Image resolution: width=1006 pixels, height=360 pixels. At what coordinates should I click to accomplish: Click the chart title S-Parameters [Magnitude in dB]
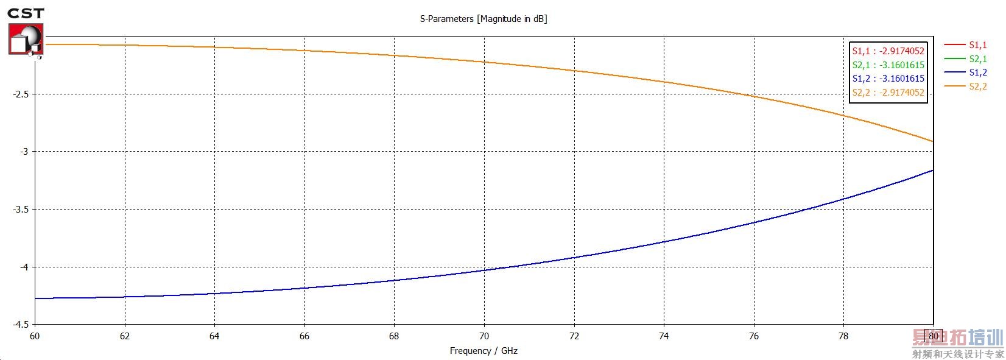483,19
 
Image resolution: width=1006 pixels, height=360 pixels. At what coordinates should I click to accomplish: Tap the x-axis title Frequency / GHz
483,351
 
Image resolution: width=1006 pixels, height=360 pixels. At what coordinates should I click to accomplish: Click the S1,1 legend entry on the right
977,45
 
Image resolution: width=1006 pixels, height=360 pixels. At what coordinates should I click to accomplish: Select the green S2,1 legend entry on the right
977,59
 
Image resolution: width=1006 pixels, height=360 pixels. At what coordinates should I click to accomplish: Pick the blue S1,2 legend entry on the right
977,72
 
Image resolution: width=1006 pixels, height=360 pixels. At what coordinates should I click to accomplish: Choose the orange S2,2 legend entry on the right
977,86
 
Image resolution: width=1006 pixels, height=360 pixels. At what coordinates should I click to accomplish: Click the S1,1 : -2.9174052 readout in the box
888,51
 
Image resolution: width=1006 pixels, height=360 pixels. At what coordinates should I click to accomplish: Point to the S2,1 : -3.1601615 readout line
888,65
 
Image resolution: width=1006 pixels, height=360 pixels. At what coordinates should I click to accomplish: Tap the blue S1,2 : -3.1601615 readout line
888,79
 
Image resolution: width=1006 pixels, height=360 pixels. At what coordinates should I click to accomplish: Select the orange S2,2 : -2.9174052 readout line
888,93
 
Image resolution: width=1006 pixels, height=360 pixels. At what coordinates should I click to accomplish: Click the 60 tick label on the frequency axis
35,336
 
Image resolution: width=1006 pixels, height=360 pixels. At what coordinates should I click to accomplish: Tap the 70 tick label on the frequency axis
484,336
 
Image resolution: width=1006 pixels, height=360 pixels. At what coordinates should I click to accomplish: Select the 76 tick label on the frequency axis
753,336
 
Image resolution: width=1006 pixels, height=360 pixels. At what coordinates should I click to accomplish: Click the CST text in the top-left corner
26,13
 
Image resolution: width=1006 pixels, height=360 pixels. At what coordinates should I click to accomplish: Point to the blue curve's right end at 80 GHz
932,171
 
